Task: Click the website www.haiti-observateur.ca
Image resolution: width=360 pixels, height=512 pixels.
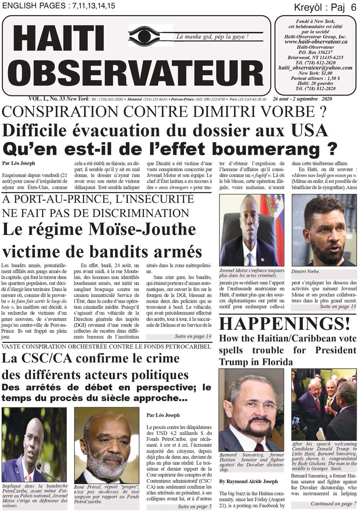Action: coord(316,42)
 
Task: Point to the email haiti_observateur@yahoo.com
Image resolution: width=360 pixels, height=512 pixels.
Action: coord(316,68)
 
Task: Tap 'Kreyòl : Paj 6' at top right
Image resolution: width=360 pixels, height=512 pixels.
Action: coord(325,7)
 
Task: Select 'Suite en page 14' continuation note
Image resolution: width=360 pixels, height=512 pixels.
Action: coord(193,337)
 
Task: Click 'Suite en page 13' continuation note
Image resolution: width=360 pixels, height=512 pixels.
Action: coord(337,307)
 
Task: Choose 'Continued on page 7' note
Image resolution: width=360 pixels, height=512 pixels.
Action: coord(333,504)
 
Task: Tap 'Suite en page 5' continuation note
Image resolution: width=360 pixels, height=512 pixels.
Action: coord(194,506)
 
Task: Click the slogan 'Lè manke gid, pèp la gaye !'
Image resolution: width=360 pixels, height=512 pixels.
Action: coord(212,37)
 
